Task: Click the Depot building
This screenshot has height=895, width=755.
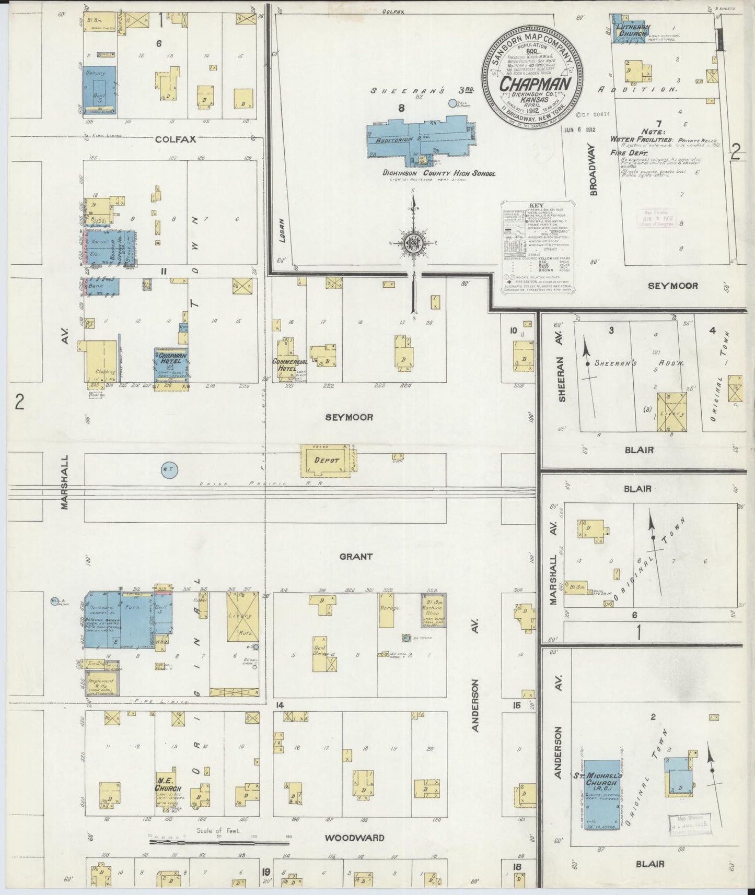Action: [x=326, y=460]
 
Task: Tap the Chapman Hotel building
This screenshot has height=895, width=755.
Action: [x=171, y=367]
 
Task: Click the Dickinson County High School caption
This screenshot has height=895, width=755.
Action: [x=438, y=173]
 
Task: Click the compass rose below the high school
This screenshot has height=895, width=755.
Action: [x=413, y=243]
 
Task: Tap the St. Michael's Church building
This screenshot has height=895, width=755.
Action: [x=602, y=794]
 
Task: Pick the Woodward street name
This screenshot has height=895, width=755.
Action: [x=354, y=838]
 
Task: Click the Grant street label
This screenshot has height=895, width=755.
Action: [x=356, y=557]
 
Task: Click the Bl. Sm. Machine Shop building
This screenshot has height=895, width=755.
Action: [x=433, y=609]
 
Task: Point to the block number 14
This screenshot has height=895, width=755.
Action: [x=280, y=705]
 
